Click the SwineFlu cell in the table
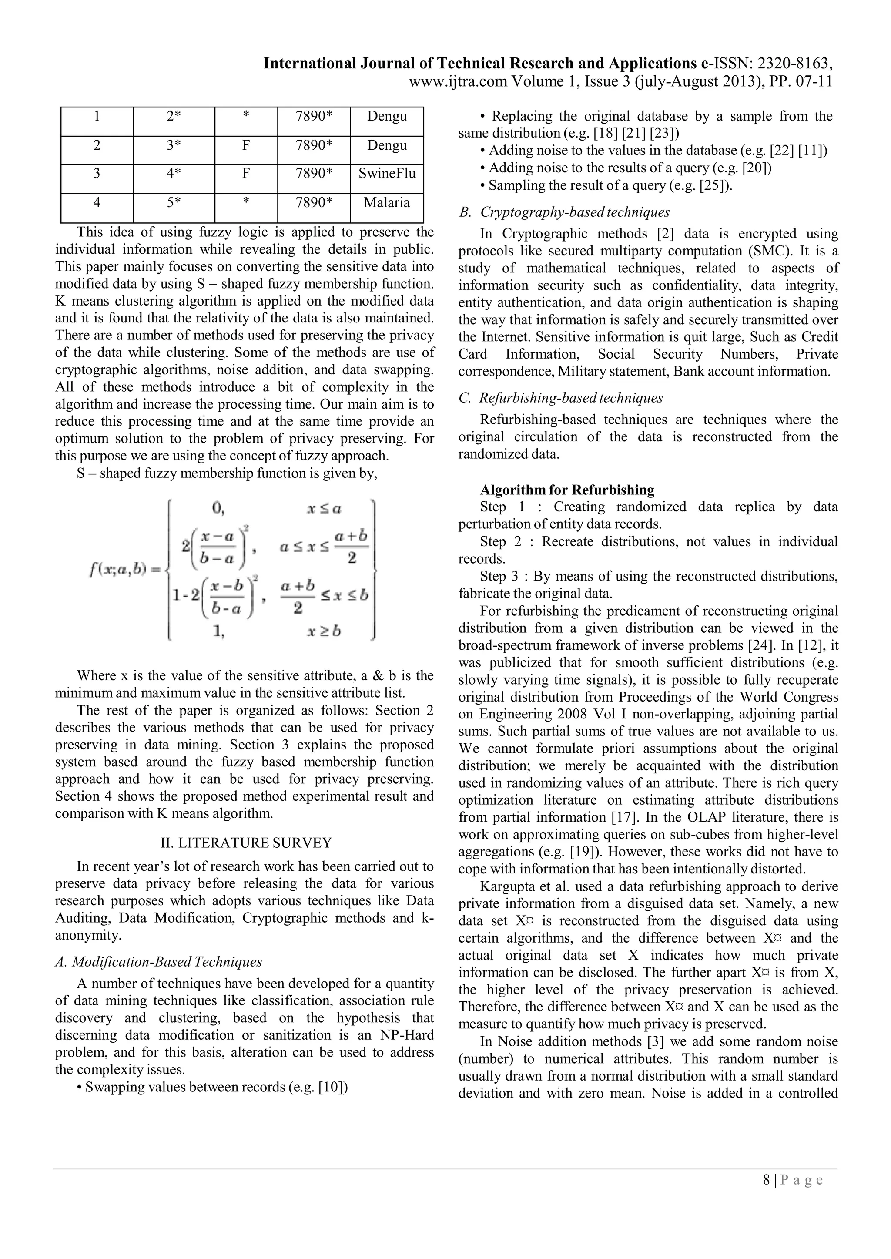pos(387,174)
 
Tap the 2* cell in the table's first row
pos(174,116)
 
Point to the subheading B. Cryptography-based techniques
pos(565,212)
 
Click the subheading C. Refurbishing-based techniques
pos(561,397)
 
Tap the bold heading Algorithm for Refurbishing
pos(567,490)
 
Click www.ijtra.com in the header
pos(458,82)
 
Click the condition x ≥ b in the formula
pos(324,631)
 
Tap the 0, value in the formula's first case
pos(218,508)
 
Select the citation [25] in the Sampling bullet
pos(713,185)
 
